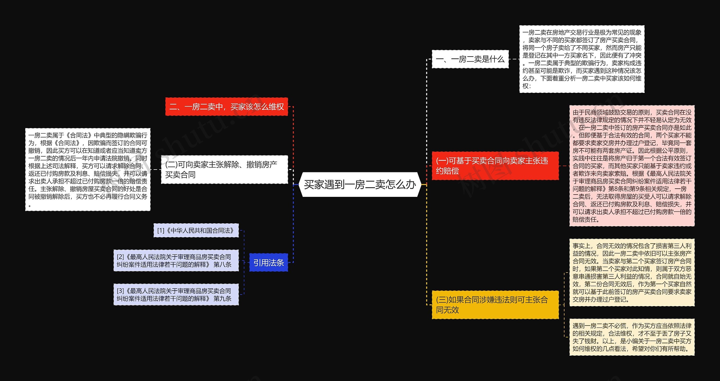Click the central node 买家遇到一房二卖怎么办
click(360, 185)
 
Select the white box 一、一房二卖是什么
click(470, 59)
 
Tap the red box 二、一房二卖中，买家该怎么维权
click(226, 107)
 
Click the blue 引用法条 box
click(269, 263)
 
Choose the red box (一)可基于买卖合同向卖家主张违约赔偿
click(495, 166)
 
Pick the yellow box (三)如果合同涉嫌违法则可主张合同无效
click(495, 305)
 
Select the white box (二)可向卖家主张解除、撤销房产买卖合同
click(224, 170)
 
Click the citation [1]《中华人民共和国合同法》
click(196, 231)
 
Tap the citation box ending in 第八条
click(176, 261)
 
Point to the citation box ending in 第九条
click(176, 295)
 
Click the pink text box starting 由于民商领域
click(632, 166)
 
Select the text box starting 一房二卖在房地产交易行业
click(582, 59)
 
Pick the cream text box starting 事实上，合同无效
click(632, 273)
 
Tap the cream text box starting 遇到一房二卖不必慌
click(632, 337)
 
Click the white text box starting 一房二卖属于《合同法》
click(88, 170)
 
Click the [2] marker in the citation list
click(120, 257)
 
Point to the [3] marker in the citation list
click(120, 291)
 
